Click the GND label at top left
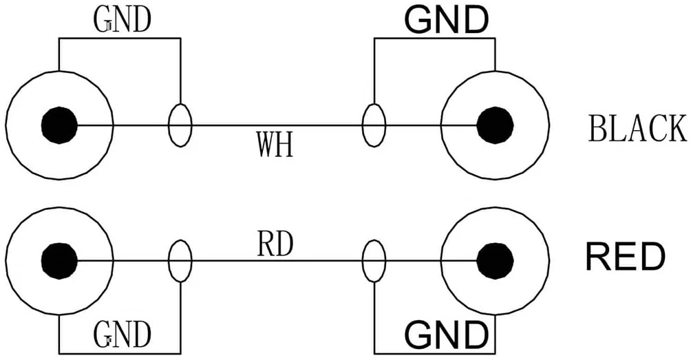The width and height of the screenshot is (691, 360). (x=122, y=19)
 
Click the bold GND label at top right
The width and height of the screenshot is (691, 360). (x=447, y=20)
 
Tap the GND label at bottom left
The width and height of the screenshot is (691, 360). (x=122, y=335)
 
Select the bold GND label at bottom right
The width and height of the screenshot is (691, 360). (x=447, y=335)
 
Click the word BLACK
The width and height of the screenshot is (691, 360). (x=637, y=128)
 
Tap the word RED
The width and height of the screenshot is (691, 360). (x=625, y=257)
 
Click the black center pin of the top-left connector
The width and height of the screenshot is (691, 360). (x=59, y=125)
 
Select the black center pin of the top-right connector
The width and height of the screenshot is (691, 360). (x=495, y=125)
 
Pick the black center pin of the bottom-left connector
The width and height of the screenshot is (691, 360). (x=59, y=260)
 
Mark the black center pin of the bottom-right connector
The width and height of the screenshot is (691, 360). (x=495, y=260)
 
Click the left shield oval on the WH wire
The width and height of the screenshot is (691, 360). (x=169, y=125)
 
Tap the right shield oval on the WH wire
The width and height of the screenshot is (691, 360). (x=363, y=125)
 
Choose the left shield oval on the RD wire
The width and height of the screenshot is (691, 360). (x=169, y=261)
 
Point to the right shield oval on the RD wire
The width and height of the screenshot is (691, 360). (x=363, y=261)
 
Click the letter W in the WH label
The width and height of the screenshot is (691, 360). (x=266, y=144)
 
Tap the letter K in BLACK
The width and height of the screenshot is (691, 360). (x=677, y=128)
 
